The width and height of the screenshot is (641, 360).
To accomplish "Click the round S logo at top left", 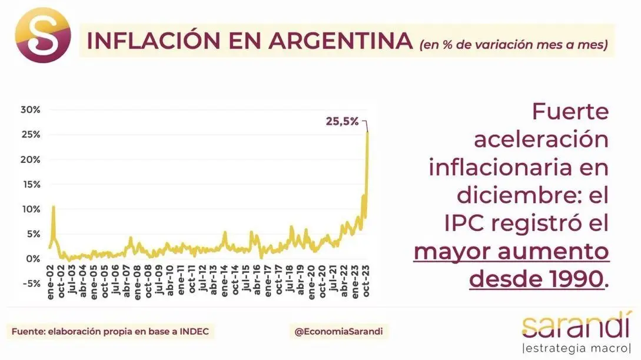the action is point(43,35).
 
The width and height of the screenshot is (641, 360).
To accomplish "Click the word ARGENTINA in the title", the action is point(340,41).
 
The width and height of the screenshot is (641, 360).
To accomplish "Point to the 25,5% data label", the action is point(342,121).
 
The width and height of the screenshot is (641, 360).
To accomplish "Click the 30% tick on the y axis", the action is point(31,109).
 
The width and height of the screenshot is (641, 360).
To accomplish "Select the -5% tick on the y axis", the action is point(31,284).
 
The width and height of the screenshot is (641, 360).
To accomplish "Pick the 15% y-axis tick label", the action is point(31,184).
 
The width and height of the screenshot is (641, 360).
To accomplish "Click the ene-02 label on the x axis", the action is point(51,282).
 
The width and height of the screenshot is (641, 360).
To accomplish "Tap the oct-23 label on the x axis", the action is point(366,281).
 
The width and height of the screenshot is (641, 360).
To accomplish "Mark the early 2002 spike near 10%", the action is point(54,207).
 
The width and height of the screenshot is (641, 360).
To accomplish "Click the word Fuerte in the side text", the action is point(570,112).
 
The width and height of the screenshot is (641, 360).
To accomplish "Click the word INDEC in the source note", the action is point(194,331).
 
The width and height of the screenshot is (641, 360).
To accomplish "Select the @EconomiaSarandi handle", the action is point(338,331).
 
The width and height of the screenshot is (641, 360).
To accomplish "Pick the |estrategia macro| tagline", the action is point(577,348).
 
